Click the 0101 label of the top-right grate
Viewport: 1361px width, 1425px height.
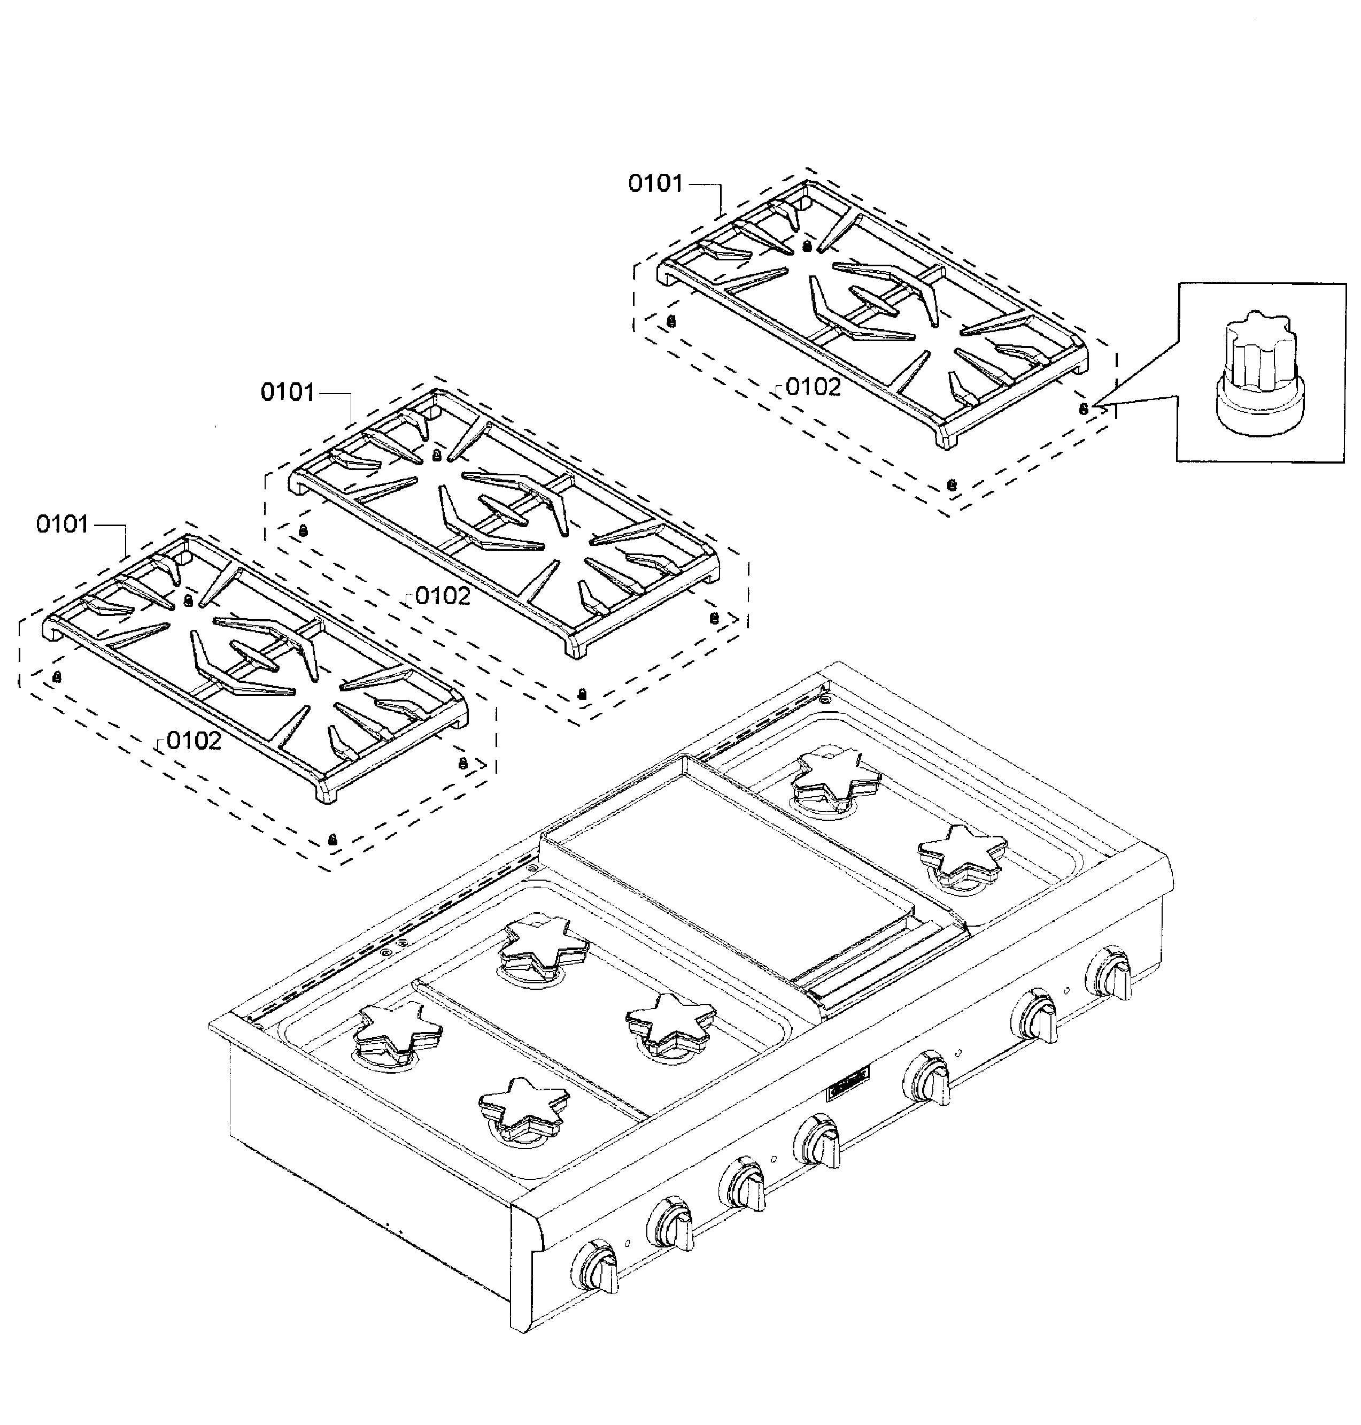point(655,183)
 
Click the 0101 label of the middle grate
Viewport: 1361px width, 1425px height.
point(287,392)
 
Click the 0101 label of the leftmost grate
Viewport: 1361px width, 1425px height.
point(63,524)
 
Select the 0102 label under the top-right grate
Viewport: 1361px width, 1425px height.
point(813,387)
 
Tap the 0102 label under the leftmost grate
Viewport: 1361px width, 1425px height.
point(193,740)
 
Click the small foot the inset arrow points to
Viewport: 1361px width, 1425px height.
point(1083,409)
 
